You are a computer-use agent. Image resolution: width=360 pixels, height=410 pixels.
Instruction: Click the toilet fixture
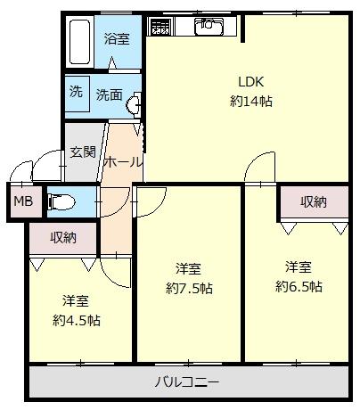point(61,201)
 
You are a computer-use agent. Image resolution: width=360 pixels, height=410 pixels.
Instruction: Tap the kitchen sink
point(209,26)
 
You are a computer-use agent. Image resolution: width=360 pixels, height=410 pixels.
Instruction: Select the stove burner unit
point(160,26)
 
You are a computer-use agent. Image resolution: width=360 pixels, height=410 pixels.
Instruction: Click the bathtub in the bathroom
point(79,42)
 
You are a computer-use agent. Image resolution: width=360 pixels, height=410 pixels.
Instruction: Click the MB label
point(23,201)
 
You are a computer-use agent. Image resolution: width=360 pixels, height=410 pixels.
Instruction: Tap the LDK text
point(251,82)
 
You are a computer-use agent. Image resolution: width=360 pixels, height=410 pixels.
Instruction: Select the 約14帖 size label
point(251,102)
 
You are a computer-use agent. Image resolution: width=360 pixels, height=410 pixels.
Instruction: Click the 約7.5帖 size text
point(189,288)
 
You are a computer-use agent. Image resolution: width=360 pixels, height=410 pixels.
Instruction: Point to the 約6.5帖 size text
point(299,287)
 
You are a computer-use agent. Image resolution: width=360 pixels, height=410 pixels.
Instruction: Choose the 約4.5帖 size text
point(77,320)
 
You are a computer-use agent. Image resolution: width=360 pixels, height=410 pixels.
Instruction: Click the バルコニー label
point(187,381)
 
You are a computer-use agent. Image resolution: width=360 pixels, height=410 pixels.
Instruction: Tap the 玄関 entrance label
point(83,152)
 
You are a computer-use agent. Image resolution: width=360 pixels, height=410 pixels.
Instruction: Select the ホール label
point(122,162)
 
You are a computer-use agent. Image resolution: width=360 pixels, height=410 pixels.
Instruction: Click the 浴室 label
point(117,38)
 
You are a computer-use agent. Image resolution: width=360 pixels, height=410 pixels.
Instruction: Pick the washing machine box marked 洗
point(77,94)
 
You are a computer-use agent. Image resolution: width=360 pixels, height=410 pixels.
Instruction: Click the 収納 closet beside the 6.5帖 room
point(314,202)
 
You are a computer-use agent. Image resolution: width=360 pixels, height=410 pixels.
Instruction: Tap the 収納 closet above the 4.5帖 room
point(63,238)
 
